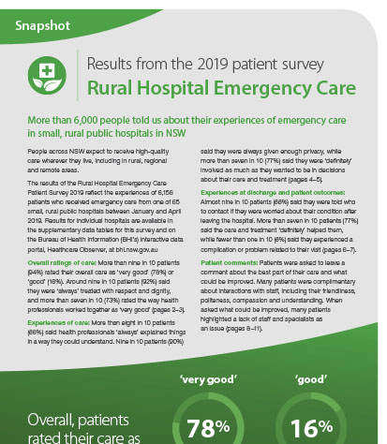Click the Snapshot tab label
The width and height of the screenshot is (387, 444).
pyautogui.click(x=42, y=23)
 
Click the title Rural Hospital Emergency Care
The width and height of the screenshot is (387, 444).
pyautogui.click(x=221, y=89)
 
